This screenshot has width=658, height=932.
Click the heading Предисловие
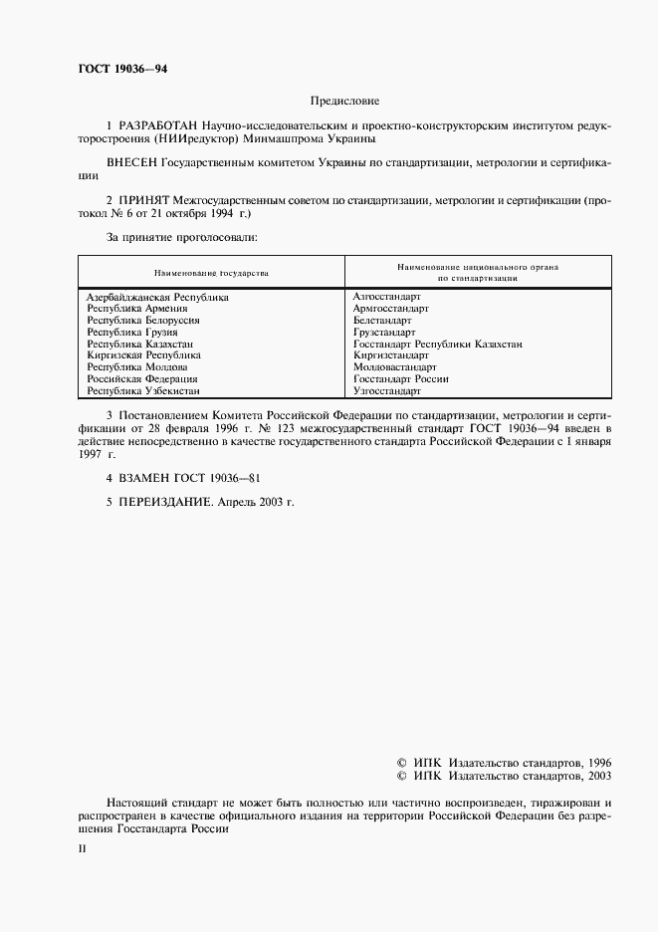pos(344,101)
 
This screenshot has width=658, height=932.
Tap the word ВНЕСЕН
pos(129,162)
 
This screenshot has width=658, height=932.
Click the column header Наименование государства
pos(211,272)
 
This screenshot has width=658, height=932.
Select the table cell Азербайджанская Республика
pos(157,297)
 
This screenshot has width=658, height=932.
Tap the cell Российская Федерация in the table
pos(141,379)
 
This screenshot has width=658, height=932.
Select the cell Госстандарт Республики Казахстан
pos(438,345)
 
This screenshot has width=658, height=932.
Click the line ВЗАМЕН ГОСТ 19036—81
pos(184,478)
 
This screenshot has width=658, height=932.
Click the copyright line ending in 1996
pos(504,760)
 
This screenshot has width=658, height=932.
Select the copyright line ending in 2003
pos(504,775)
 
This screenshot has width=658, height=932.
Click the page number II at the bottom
pos(83,848)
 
